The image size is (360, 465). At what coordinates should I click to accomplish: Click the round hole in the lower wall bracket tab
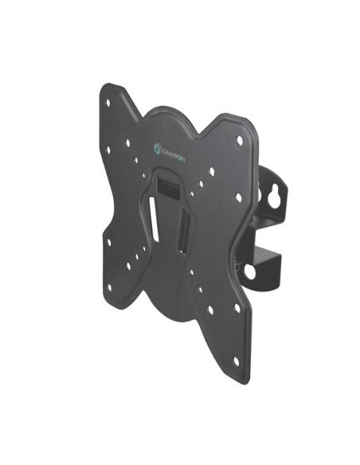coord(250,272)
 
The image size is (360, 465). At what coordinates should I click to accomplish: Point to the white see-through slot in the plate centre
coord(154,219)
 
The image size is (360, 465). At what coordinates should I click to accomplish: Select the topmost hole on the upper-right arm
coord(239,140)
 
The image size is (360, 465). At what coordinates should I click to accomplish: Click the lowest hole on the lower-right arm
coord(237,360)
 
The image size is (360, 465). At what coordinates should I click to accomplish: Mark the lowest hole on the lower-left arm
coord(110,285)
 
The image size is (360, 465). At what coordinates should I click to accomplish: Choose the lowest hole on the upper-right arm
coord(238,197)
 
